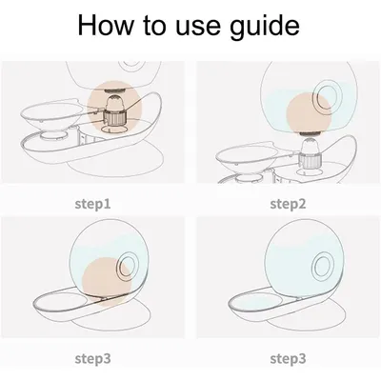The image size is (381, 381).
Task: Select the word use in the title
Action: (198, 28)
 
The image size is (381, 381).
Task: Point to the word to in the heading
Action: (155, 26)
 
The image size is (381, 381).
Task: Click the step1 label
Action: (93, 204)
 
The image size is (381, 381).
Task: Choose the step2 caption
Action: (288, 204)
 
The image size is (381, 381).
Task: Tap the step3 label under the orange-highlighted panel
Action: (93, 359)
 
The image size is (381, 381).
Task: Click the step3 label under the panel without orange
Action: (288, 359)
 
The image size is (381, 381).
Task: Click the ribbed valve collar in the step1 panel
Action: (114, 117)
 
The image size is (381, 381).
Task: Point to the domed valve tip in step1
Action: (114, 102)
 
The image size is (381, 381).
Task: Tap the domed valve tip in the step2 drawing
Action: (311, 146)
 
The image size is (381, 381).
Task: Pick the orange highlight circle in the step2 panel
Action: (309, 113)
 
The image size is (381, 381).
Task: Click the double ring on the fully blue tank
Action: (325, 266)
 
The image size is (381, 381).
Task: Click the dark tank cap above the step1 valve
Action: (114, 90)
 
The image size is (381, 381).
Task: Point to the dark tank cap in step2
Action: (311, 134)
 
